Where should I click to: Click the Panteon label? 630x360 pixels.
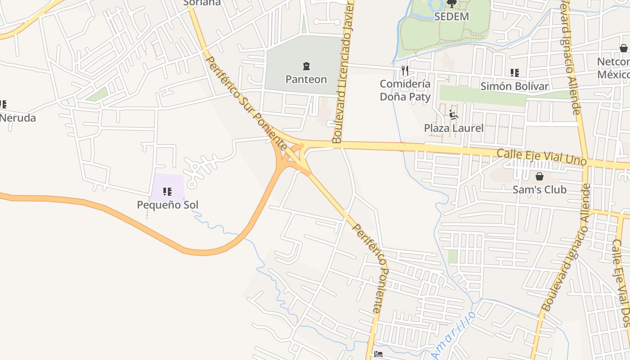(x=306, y=79)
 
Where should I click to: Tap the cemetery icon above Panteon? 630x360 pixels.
(x=306, y=67)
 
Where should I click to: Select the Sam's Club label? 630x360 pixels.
(x=539, y=189)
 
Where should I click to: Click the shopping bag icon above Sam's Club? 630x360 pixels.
(x=539, y=176)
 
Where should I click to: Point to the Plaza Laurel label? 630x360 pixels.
(x=454, y=128)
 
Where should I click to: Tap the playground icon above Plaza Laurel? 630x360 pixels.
(x=454, y=115)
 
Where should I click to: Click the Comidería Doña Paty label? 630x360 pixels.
(x=405, y=90)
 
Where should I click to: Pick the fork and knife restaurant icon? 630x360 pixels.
(x=405, y=70)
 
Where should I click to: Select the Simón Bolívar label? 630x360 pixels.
(x=514, y=86)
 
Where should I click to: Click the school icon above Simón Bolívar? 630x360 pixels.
(x=514, y=73)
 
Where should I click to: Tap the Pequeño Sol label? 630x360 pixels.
(x=167, y=205)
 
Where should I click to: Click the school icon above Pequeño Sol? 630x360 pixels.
(x=167, y=192)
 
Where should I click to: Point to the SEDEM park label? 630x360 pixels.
(x=451, y=17)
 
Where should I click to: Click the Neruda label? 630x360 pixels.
(x=18, y=118)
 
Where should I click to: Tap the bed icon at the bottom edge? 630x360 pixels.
(x=378, y=355)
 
